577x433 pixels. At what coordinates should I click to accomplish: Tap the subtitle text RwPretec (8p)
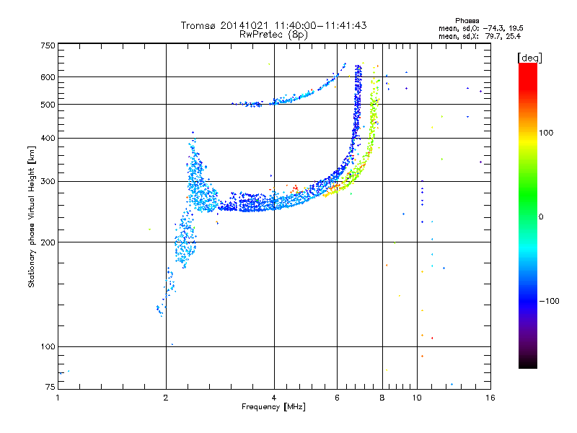pyautogui.click(x=273, y=35)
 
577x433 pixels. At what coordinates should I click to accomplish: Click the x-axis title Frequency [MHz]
pyautogui.click(x=273, y=407)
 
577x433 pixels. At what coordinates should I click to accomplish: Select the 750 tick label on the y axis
pyautogui.click(x=48, y=45)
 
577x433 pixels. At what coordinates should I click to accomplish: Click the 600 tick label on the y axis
pyautogui.click(x=48, y=77)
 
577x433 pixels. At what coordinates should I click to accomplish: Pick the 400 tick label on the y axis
pyautogui.click(x=48, y=139)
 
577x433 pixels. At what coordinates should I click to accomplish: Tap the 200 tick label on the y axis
pyautogui.click(x=48, y=242)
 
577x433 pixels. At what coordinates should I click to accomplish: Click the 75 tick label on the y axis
pyautogui.click(x=50, y=387)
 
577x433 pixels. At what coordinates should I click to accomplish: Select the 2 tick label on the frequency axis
pyautogui.click(x=166, y=398)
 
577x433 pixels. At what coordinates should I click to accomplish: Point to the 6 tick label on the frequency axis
pyautogui.click(x=337, y=398)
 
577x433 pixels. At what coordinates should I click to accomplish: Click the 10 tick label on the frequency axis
pyautogui.click(x=417, y=398)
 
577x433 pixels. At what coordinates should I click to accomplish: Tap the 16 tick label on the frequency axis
pyautogui.click(x=490, y=398)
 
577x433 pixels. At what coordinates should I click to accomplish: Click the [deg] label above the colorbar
pyautogui.click(x=529, y=58)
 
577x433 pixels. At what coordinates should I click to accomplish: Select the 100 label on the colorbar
pyautogui.click(x=546, y=133)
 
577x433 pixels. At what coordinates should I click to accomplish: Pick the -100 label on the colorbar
pyautogui.click(x=550, y=301)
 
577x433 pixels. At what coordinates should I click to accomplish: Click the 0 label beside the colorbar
pyautogui.click(x=541, y=217)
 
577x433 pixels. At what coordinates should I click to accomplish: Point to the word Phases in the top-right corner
pyautogui.click(x=467, y=21)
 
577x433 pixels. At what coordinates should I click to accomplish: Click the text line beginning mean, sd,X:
pyautogui.click(x=480, y=36)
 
